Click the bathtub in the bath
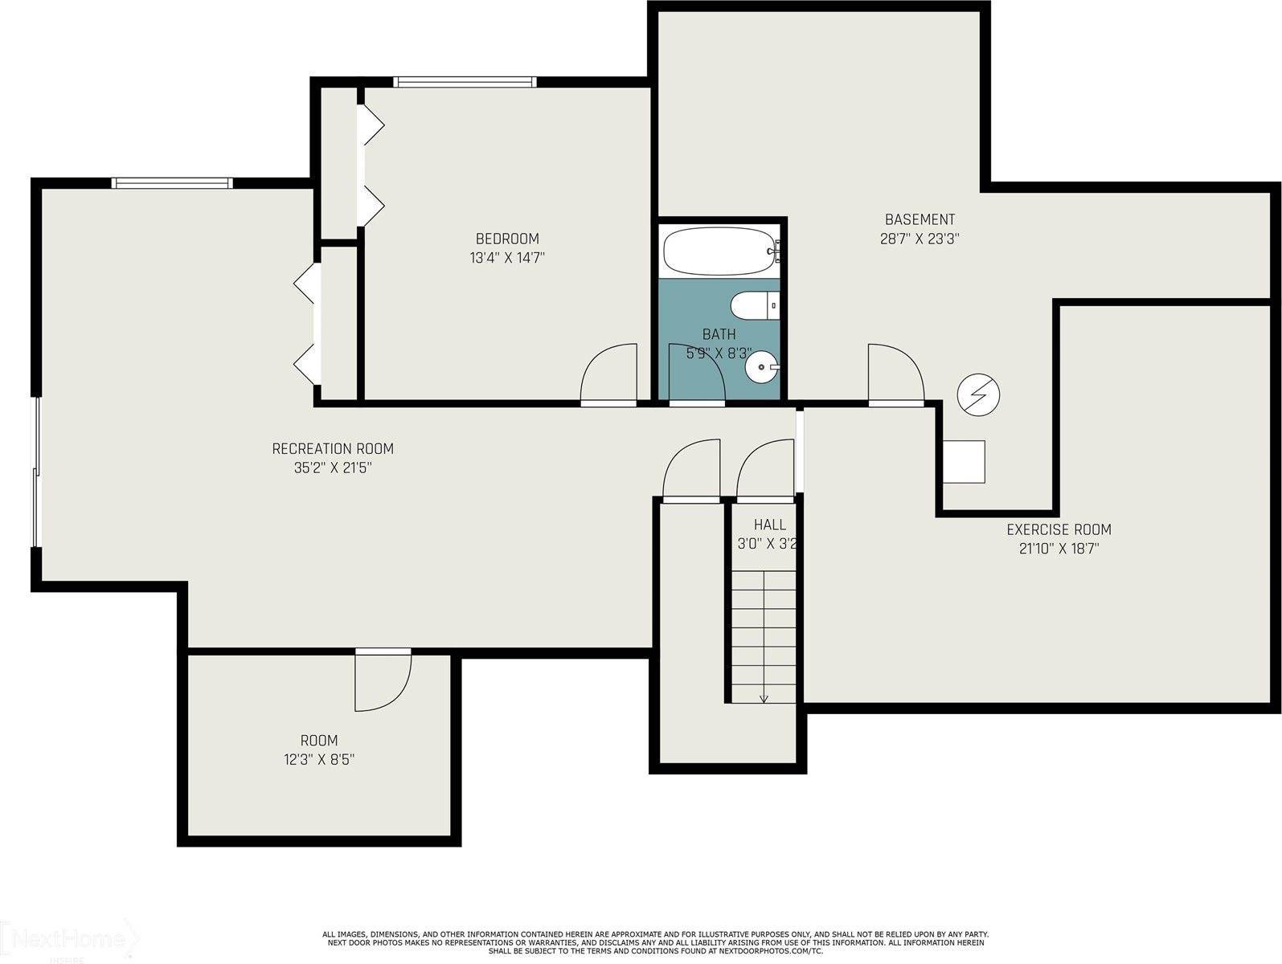(x=719, y=251)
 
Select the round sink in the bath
(x=760, y=369)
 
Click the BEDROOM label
(x=507, y=239)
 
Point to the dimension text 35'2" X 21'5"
(x=333, y=468)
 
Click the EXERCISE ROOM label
(x=1059, y=529)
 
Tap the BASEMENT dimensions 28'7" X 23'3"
(x=920, y=239)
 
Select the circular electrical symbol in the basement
(x=978, y=395)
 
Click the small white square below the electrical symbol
(x=963, y=461)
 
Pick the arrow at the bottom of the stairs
(x=764, y=698)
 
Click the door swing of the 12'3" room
(x=383, y=682)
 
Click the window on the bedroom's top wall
(x=465, y=81)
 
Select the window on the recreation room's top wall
(x=172, y=183)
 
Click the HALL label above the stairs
(x=769, y=525)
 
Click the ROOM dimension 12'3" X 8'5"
(x=319, y=759)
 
